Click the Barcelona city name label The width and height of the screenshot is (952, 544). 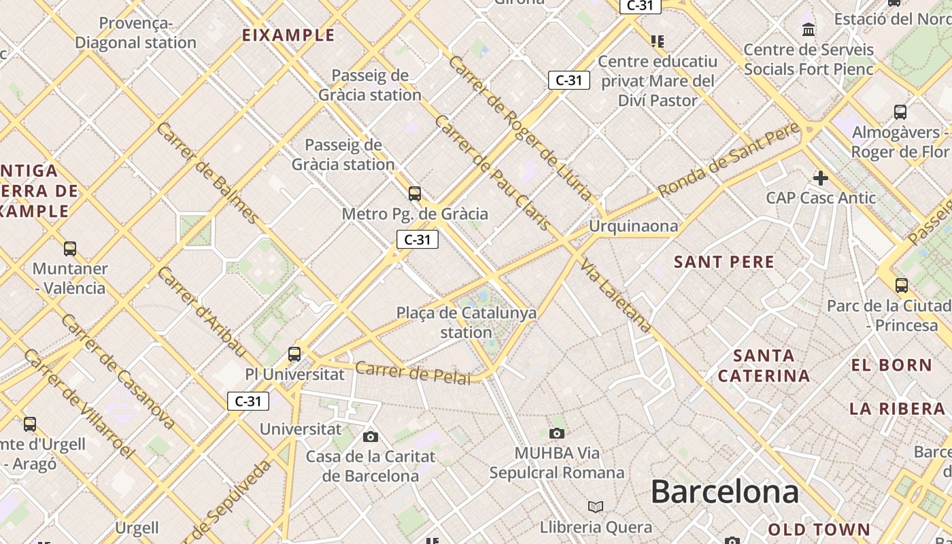(x=724, y=492)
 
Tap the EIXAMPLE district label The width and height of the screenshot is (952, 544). (x=288, y=35)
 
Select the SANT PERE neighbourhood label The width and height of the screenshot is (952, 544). (x=724, y=262)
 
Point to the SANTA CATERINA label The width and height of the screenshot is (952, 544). (x=764, y=365)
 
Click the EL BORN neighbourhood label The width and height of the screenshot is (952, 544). (x=891, y=365)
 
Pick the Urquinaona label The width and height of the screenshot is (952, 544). (x=633, y=226)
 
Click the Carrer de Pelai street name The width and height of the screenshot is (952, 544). (x=413, y=373)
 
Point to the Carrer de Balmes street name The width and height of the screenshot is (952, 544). (x=207, y=173)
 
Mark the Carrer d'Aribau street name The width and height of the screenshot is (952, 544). (x=201, y=311)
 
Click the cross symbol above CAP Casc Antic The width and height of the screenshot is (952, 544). (x=821, y=178)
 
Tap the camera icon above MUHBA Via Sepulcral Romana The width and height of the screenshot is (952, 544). (x=556, y=433)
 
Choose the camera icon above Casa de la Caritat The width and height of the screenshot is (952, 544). (x=370, y=437)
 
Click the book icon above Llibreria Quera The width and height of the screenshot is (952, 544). (x=596, y=507)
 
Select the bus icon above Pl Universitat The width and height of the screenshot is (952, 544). (x=294, y=354)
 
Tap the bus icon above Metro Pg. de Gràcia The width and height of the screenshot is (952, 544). (x=414, y=194)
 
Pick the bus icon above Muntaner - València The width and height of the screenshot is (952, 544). (x=69, y=248)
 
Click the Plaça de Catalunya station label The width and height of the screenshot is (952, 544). (x=466, y=322)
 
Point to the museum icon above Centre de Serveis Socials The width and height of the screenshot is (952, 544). (x=809, y=29)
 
